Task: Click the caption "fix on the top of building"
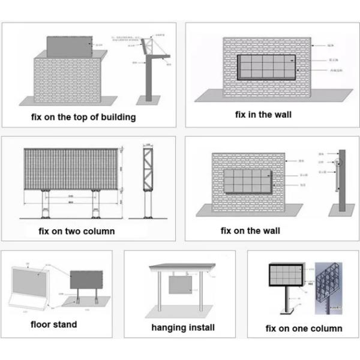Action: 83,117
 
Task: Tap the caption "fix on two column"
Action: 76,230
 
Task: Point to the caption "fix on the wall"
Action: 250,230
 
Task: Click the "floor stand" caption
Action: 54,325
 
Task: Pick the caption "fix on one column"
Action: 304,328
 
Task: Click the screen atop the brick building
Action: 70,46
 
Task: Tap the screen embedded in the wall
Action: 266,68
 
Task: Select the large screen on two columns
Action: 71,169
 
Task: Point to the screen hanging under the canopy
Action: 180,284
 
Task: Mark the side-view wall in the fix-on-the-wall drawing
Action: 342,180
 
